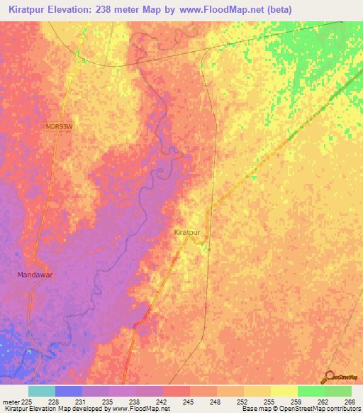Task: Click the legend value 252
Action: [x=242, y=401]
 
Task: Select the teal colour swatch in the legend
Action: [x=42, y=391]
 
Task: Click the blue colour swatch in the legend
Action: [x=69, y=391]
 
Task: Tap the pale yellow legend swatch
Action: [x=284, y=391]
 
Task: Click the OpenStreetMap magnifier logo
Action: [x=330, y=376]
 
